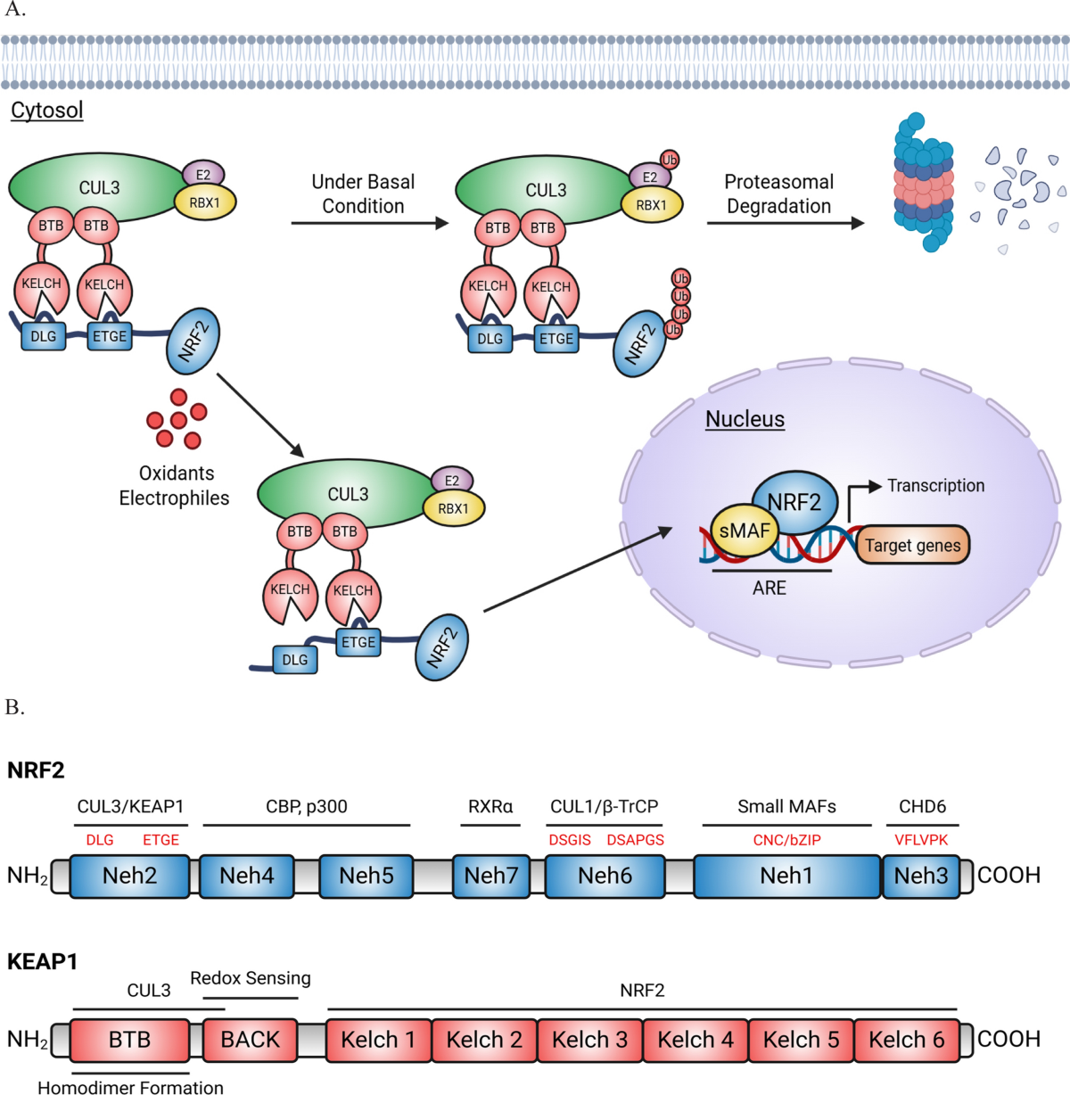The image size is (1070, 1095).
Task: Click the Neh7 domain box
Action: pos(491,876)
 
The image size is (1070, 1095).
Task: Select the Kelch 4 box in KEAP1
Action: pos(695,1040)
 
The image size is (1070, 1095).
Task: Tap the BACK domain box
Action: pos(250,1040)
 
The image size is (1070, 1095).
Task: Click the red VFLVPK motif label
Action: pos(921,840)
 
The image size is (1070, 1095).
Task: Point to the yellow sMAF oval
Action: pos(745,530)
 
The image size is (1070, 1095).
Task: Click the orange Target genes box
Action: pos(912,545)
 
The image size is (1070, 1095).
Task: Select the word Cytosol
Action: pos(47,111)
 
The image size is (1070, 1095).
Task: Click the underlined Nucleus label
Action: pos(745,419)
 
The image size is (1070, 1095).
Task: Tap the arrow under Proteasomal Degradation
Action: pos(786,224)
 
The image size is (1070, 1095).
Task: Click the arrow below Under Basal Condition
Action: pos(370,224)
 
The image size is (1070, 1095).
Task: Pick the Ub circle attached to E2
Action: pos(669,160)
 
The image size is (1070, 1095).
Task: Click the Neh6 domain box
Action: pos(605,876)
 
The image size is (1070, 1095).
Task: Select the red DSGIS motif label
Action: pos(570,840)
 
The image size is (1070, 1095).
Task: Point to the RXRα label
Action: pos(490,807)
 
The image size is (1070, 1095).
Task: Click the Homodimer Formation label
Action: pos(130,1088)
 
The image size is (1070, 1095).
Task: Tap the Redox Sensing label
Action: pos(251,978)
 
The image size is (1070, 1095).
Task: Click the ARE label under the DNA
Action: pos(769,588)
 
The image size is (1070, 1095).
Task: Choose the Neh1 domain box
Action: pos(786,876)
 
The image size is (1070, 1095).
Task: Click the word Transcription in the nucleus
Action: pos(936,486)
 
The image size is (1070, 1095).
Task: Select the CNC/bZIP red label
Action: pos(787,840)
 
